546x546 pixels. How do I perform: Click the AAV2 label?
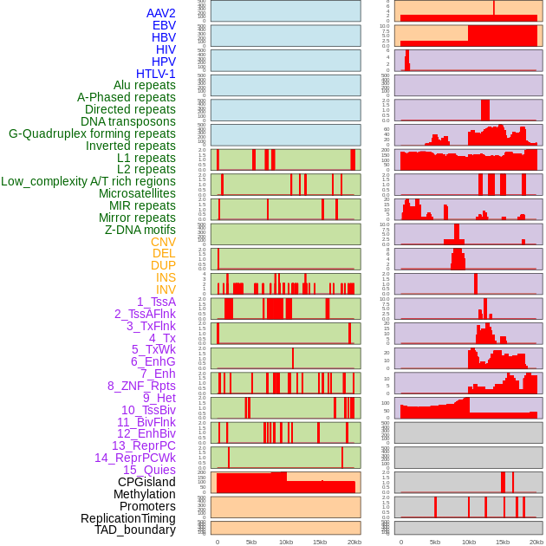[161, 13]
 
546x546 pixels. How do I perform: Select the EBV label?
[164, 25]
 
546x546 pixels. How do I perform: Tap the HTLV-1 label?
[156, 74]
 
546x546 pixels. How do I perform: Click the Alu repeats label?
[145, 85]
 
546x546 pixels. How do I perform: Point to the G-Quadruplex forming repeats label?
[92, 133]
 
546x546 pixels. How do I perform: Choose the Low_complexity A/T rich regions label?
[88, 181]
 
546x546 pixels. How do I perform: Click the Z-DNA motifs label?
[140, 230]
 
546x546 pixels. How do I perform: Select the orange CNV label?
[163, 242]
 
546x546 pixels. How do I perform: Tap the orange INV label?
[166, 289]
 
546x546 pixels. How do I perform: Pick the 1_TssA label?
[156, 302]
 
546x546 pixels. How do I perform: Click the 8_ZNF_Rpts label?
[141, 386]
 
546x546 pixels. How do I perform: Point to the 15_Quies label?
[149, 470]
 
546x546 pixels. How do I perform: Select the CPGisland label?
[146, 482]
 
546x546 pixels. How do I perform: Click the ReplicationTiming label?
[127, 518]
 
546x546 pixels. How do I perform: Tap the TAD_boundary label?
[135, 530]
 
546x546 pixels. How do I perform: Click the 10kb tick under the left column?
[286, 542]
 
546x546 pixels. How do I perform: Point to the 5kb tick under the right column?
[435, 542]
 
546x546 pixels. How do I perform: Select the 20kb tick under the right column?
[536, 542]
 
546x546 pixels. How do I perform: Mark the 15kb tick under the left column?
[320, 542]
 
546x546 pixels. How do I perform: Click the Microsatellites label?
[137, 193]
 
